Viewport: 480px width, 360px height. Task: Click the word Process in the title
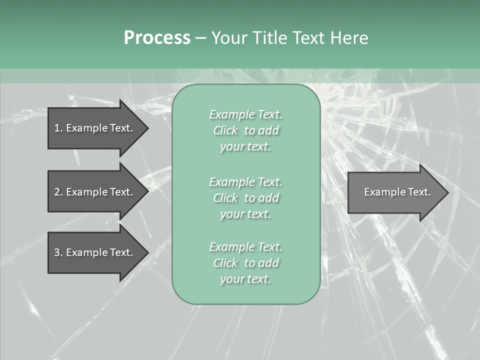[157, 38]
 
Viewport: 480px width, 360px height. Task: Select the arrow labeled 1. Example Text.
[95, 128]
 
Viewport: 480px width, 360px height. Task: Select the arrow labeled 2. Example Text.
[95, 192]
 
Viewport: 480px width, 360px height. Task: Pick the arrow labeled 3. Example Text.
[95, 252]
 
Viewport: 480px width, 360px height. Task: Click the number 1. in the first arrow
[58, 128]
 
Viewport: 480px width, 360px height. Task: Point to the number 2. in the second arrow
[58, 192]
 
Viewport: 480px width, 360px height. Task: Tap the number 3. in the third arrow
[58, 252]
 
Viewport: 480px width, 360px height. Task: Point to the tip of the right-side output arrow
[446, 192]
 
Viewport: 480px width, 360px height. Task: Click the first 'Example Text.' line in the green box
[245, 114]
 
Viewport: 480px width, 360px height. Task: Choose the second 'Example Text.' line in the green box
[245, 181]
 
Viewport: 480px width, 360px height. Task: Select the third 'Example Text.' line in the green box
[245, 247]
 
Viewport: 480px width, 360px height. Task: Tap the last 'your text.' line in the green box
[245, 279]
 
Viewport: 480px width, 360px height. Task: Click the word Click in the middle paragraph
[225, 198]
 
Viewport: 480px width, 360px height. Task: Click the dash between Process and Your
[200, 38]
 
